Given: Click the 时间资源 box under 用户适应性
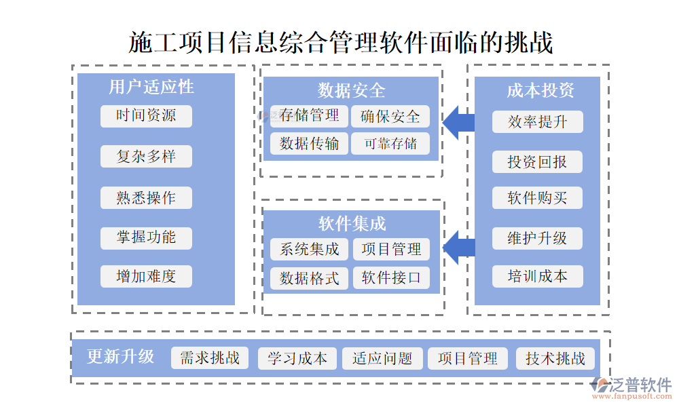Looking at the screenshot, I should click(x=146, y=116).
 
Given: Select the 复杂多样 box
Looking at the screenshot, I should click(x=146, y=157).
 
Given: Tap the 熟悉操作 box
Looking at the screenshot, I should click(x=146, y=198).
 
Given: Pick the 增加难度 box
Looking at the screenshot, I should click(x=146, y=277).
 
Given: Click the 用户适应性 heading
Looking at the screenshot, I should click(x=151, y=87).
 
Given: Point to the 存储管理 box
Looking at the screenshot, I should click(x=309, y=116).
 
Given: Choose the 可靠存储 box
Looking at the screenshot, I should click(x=390, y=143).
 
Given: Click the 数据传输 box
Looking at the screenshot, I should click(x=309, y=143).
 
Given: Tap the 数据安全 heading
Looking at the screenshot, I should click(x=351, y=90).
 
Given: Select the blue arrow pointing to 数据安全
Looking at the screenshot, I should click(x=459, y=122).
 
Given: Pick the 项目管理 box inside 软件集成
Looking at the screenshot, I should click(x=391, y=250).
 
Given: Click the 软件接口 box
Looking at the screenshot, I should click(x=391, y=278).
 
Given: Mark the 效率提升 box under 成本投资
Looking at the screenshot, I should click(x=537, y=122).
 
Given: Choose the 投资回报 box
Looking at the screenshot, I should click(x=537, y=162).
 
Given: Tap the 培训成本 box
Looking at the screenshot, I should click(x=537, y=277).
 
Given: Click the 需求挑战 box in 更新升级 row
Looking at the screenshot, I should click(x=210, y=358).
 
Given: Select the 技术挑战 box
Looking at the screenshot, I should click(x=555, y=359).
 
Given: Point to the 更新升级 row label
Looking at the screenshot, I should click(x=120, y=357).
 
